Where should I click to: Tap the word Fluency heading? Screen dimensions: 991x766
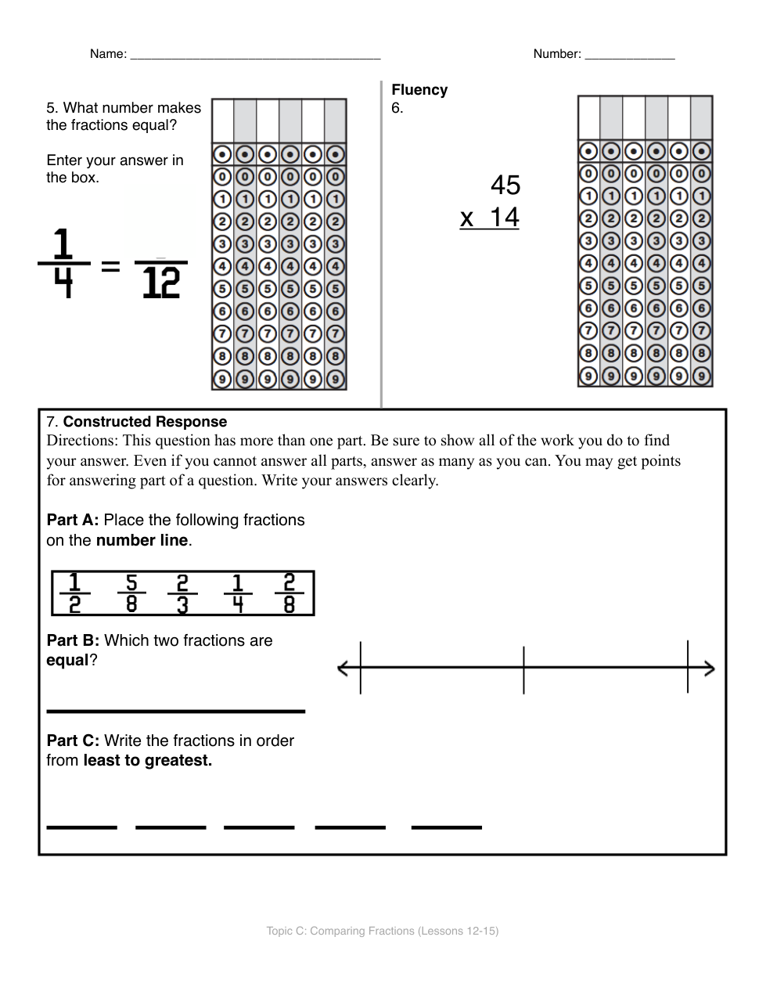pyautogui.click(x=419, y=90)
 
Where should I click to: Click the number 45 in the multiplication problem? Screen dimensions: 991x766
pyautogui.click(x=505, y=186)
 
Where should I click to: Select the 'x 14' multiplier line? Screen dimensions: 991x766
pyautogui.click(x=490, y=217)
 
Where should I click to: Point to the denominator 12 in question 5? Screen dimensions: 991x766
pyautogui.click(x=161, y=283)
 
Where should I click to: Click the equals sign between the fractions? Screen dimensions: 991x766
pyautogui.click(x=111, y=267)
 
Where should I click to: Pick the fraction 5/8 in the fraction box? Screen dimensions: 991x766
pyautogui.click(x=131, y=593)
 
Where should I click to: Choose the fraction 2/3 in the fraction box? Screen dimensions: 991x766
pyautogui.click(x=182, y=593)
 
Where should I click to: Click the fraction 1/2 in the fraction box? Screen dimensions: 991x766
pyautogui.click(x=74, y=593)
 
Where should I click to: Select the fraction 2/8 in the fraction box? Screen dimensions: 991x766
pyautogui.click(x=289, y=593)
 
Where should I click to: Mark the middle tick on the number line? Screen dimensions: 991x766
pyautogui.click(x=523, y=668)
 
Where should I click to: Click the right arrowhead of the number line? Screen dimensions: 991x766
pyautogui.click(x=709, y=668)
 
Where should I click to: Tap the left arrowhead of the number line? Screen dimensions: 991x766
pyautogui.click(x=343, y=668)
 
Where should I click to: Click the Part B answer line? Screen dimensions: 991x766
pyautogui.click(x=175, y=711)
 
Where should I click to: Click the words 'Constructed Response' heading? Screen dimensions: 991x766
pyautogui.click(x=145, y=422)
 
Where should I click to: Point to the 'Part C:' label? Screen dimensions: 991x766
pyautogui.click(x=73, y=741)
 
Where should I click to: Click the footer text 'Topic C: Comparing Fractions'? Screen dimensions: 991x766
pyautogui.click(x=382, y=931)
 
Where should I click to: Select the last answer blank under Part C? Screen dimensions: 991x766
pyautogui.click(x=446, y=826)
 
